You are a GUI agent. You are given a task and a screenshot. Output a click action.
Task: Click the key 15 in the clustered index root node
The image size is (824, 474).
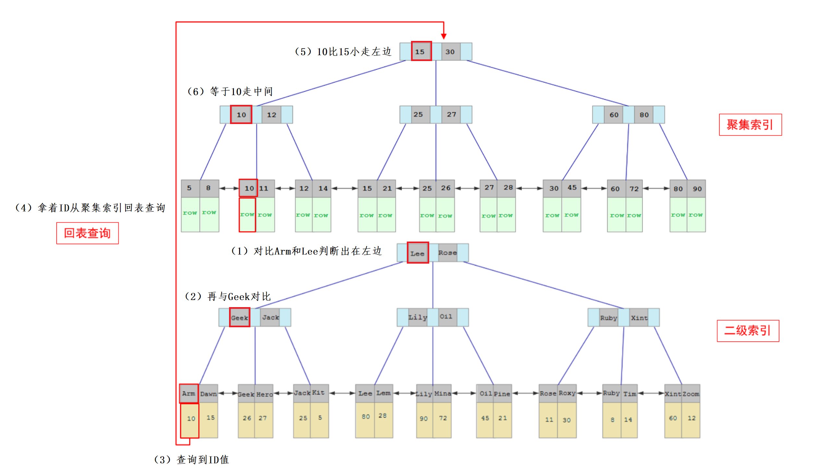pyautogui.click(x=421, y=51)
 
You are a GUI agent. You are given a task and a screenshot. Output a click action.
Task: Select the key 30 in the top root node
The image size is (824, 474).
pyautogui.click(x=450, y=51)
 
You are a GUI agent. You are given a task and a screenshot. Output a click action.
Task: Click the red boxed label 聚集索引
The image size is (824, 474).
pyautogui.click(x=750, y=125)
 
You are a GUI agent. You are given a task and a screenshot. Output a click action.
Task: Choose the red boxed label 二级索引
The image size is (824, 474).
pyautogui.click(x=747, y=331)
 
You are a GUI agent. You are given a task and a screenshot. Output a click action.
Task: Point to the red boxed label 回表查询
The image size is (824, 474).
pyautogui.click(x=87, y=233)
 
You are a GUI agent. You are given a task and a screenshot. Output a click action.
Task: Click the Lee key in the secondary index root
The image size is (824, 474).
pyautogui.click(x=418, y=253)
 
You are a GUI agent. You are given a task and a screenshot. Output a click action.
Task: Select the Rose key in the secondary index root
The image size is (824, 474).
pyautogui.click(x=447, y=253)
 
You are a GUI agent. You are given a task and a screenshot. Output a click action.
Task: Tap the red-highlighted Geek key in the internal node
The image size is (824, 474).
pyautogui.click(x=239, y=318)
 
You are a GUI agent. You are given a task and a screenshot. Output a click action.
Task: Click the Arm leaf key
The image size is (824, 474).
pyautogui.click(x=189, y=393)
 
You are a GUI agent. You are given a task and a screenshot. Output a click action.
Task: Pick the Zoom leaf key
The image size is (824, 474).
pyautogui.click(x=691, y=394)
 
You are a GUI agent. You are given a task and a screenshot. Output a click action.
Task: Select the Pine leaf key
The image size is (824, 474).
pyautogui.click(x=502, y=394)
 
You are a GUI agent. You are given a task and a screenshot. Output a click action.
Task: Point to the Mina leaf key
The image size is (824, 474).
pyautogui.click(x=442, y=393)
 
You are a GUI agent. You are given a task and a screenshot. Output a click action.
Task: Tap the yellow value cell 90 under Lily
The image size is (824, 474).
pyautogui.click(x=424, y=419)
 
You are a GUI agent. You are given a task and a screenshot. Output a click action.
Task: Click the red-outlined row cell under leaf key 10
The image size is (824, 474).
pyautogui.click(x=247, y=215)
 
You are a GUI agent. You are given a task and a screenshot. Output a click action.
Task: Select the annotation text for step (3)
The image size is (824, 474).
pyautogui.click(x=192, y=460)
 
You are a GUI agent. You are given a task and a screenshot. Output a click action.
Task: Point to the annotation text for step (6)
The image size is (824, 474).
pyautogui.click(x=230, y=92)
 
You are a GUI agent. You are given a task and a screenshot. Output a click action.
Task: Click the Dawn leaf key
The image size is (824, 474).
pyautogui.click(x=208, y=394)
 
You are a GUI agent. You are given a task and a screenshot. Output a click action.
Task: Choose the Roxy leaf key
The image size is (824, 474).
pyautogui.click(x=567, y=393)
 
